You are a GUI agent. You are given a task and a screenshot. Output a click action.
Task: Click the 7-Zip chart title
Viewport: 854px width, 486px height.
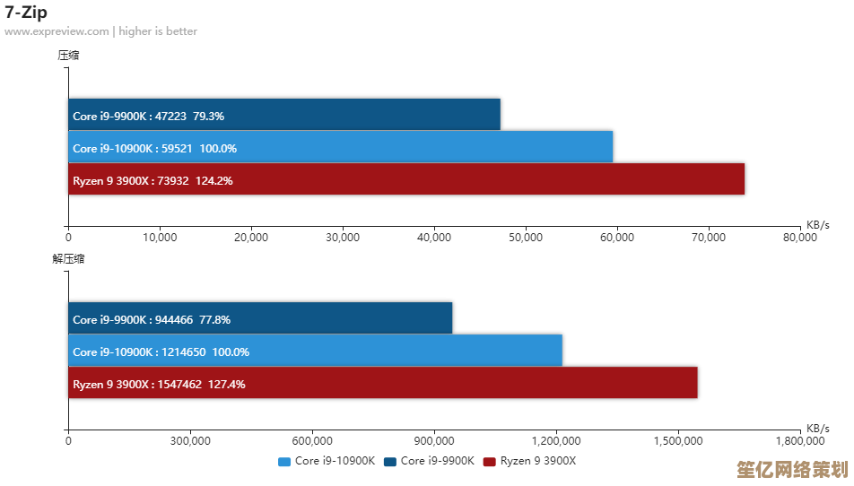26,13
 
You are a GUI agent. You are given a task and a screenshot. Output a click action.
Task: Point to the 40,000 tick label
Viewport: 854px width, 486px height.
434,238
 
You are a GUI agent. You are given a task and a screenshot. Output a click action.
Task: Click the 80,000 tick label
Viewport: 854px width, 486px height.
800,238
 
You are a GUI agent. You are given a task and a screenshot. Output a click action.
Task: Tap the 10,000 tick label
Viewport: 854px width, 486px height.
160,238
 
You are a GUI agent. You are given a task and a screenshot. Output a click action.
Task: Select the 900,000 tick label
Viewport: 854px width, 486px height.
435,441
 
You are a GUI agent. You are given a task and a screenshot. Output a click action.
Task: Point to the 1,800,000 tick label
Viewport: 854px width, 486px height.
800,441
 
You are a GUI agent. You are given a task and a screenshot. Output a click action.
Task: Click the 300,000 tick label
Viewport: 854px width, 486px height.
190,441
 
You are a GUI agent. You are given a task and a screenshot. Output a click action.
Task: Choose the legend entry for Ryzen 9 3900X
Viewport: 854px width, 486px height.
529,461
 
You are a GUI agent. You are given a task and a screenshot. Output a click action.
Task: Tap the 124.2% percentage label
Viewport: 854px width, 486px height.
213,180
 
